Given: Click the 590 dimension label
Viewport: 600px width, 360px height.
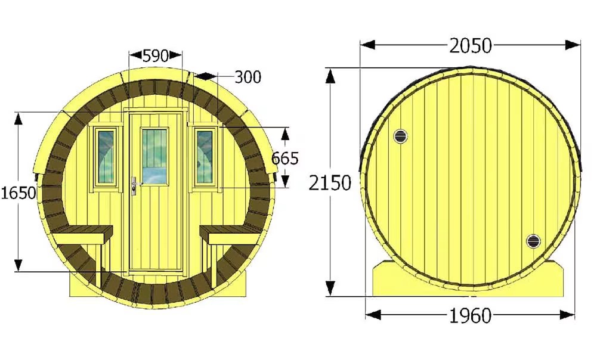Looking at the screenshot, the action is [155, 56].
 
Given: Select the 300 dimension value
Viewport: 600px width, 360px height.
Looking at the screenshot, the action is [248, 77].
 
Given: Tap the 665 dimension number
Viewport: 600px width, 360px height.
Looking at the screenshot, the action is [284, 158].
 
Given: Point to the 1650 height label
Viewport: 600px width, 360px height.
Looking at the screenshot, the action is [18, 193].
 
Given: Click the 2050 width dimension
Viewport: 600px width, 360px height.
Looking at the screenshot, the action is [471, 46].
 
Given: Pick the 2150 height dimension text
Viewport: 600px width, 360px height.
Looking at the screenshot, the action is [330, 182].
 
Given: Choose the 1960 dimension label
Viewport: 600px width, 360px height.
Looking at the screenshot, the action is [470, 316].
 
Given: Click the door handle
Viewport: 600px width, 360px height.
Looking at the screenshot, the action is [135, 186].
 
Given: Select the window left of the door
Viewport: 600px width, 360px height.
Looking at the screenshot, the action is [106, 157].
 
